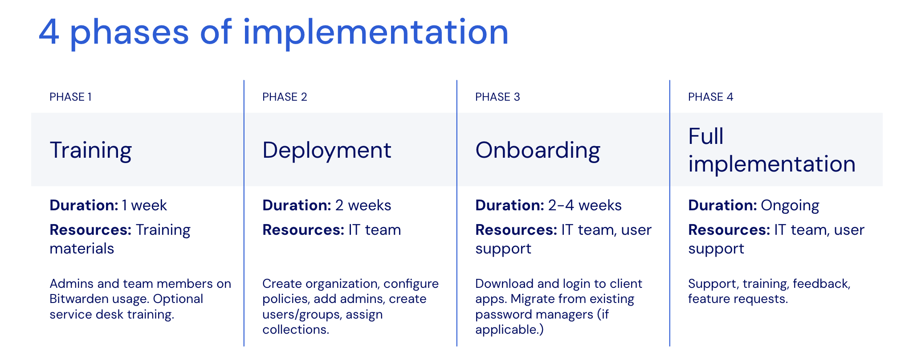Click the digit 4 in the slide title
pos(49,32)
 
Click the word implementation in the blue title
pos(375,32)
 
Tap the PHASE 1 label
pos(70,97)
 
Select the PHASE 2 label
pos(285,97)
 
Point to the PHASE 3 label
pos(497,97)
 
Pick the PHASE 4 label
pos(710,97)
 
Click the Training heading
pos(91,150)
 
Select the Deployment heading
pos(326,150)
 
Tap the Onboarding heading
pos(538,150)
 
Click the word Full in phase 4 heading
pos(706,136)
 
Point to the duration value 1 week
pos(144,205)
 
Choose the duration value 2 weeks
pos(363,205)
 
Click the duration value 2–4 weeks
pos(584,205)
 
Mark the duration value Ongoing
pos(790,205)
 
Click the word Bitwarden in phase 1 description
pos(76,299)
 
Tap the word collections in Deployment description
pos(295,330)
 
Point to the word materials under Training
pos(82,249)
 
